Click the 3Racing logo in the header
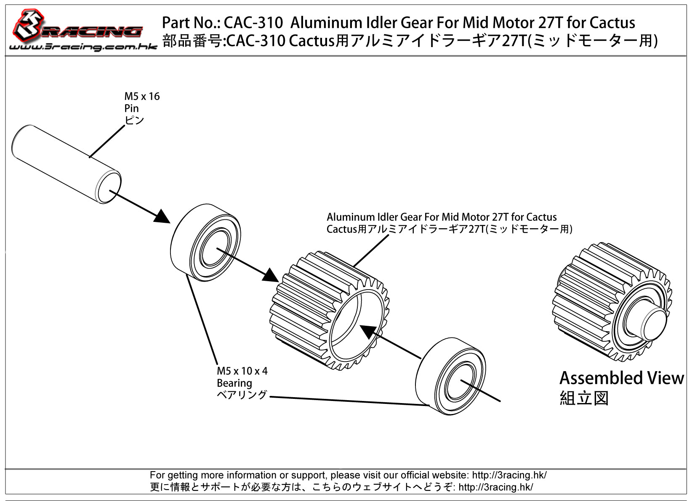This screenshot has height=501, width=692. [77, 26]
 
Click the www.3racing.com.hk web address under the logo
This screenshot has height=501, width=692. [83, 47]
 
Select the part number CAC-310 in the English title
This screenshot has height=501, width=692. [253, 23]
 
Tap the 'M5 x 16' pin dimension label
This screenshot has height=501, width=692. [142, 96]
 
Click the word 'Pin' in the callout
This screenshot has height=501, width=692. [131, 108]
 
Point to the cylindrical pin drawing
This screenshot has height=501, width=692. [66, 164]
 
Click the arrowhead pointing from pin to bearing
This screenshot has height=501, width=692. [162, 216]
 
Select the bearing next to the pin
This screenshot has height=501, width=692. [205, 242]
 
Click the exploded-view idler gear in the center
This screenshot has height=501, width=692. [329, 310]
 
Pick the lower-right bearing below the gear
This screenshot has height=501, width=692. [450, 376]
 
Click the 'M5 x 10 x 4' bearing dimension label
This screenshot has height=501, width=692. [242, 371]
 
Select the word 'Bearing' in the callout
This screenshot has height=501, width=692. [234, 383]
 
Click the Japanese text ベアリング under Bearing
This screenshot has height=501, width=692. [242, 395]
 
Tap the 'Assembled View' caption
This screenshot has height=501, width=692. [622, 378]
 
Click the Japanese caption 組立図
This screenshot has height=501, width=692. [584, 398]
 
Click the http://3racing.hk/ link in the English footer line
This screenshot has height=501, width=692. [509, 475]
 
